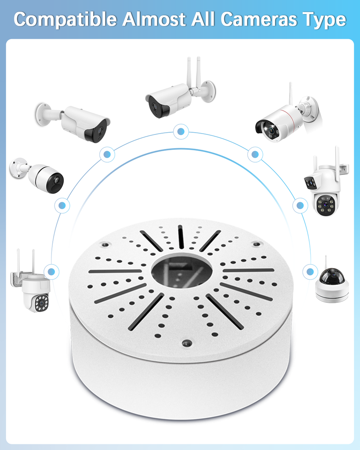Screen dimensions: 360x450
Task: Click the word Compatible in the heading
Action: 65,20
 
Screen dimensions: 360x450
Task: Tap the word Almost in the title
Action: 154,19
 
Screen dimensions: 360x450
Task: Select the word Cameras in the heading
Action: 258,19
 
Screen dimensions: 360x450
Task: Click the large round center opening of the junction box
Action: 182,271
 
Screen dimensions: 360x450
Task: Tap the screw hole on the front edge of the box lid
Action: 187,343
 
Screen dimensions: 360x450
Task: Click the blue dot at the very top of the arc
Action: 181,131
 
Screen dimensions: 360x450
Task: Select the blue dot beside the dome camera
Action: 310,272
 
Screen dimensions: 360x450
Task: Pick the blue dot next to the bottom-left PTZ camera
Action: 51,272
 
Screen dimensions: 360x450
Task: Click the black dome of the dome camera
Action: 332,276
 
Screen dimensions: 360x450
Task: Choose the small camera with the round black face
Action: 37,174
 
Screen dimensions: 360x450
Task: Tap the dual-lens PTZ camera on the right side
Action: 326,184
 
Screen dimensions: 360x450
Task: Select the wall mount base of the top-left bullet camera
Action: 43,114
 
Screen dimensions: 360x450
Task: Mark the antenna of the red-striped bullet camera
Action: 291,94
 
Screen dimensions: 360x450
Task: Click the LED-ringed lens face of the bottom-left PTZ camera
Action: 42,303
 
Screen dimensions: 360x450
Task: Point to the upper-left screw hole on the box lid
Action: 105,245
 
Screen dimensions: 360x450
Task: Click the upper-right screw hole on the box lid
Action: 256,244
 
